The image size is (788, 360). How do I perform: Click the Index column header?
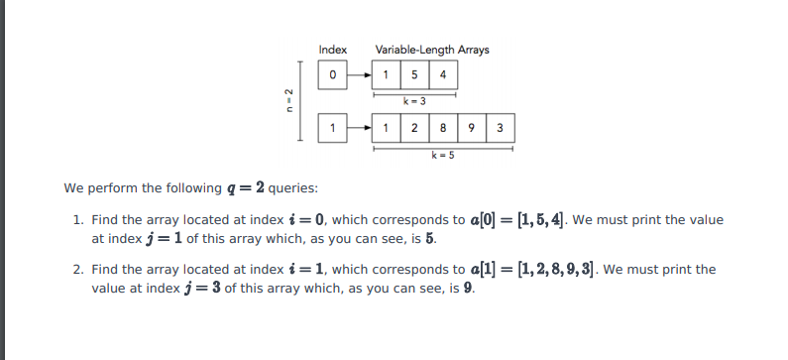[332, 50]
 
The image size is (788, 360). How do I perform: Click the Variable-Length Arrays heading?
[431, 50]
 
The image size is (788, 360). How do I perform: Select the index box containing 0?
[333, 74]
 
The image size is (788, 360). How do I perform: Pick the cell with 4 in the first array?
[442, 74]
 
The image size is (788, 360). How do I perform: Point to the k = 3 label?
[414, 101]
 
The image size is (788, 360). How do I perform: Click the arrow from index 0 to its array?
[359, 74]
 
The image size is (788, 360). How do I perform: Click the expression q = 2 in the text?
[246, 187]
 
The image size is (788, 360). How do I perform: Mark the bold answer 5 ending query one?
[430, 239]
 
